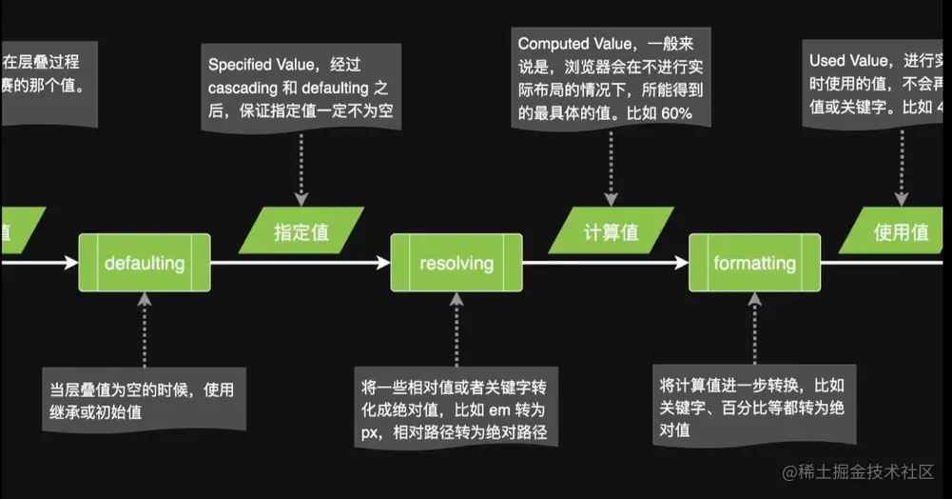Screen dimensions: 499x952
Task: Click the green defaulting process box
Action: coord(144,262)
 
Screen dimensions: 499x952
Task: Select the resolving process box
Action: coord(457,262)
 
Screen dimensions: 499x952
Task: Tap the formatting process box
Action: coord(754,262)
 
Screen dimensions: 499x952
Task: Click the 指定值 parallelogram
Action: coord(301,231)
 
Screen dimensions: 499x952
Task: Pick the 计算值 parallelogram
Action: coord(611,231)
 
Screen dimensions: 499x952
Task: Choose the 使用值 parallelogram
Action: coord(900,231)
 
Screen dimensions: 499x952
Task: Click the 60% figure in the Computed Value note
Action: coord(670,113)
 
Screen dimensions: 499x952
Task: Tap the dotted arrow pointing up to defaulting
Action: coord(144,329)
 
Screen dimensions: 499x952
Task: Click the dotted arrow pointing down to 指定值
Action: coord(301,167)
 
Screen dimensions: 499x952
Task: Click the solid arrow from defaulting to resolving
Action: coord(300,262)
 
